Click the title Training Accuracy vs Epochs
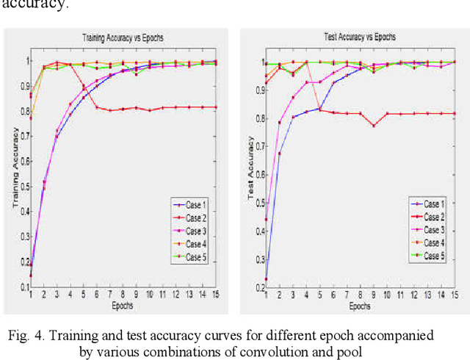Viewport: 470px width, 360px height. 122,37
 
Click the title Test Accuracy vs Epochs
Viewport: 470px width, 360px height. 360,37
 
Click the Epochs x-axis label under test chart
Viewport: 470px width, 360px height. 360,306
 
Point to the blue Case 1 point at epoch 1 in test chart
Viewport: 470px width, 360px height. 266,279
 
